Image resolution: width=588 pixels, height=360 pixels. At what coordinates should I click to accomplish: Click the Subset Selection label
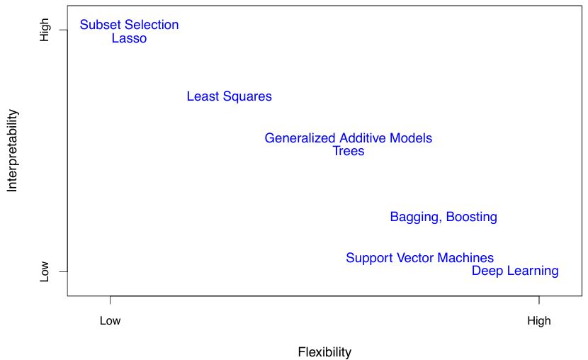click(129, 25)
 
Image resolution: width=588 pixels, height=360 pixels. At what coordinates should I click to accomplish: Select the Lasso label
click(129, 38)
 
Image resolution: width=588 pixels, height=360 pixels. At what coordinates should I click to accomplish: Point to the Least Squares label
click(229, 96)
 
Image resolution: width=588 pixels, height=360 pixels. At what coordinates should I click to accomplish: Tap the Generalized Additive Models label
click(348, 138)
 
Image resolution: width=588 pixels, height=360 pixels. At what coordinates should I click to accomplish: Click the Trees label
click(348, 151)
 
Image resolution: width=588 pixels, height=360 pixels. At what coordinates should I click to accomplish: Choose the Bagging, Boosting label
click(443, 217)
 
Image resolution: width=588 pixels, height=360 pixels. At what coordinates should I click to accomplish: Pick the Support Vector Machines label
click(419, 258)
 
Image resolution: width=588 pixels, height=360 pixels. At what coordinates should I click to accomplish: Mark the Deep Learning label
click(515, 271)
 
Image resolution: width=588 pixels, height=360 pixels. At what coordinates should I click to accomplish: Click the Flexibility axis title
click(324, 352)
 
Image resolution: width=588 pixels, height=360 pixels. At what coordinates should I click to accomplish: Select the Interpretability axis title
click(12, 150)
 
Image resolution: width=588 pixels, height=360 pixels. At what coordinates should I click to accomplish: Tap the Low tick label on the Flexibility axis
click(110, 320)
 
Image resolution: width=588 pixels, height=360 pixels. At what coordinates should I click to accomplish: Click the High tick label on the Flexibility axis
click(538, 320)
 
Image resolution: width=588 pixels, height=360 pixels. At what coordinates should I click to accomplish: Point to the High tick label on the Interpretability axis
click(45, 30)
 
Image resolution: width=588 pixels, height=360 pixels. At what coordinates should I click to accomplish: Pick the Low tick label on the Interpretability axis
click(45, 271)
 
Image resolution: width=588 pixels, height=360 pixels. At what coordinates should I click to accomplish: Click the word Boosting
click(471, 217)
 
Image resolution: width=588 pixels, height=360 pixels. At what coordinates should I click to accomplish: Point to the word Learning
click(532, 271)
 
